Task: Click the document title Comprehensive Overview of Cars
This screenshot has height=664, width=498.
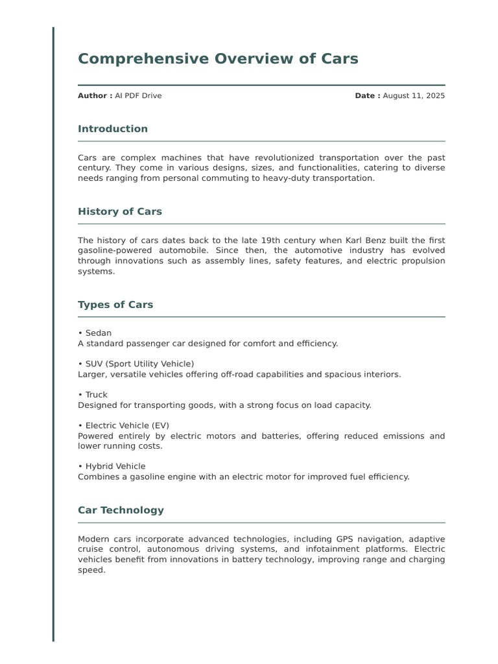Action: [x=218, y=59]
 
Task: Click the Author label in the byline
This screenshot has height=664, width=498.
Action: [x=95, y=96]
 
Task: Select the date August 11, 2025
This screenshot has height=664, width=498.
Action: [x=414, y=96]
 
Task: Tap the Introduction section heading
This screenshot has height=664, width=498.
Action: [x=113, y=129]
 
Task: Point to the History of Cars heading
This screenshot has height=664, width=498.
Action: [x=120, y=211]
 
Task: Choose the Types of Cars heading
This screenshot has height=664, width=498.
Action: [x=115, y=305]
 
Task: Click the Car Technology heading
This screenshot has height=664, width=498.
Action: [x=121, y=510]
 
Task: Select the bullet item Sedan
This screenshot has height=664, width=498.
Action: [x=98, y=333]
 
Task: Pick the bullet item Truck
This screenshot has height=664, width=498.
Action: [x=96, y=395]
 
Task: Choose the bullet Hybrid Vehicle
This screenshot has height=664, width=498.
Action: [x=115, y=466]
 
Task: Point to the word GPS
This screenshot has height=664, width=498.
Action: [x=345, y=539]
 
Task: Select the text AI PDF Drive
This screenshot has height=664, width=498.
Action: [x=138, y=96]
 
